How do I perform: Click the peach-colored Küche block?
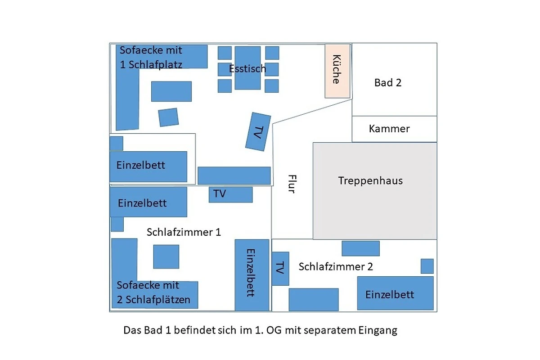point(337,71)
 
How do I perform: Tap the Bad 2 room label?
point(387,83)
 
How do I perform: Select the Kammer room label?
point(389,129)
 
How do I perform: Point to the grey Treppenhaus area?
point(375,191)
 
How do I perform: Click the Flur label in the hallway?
point(292,184)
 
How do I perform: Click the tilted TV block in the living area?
point(258,132)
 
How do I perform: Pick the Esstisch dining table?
point(247,68)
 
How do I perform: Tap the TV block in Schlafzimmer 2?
point(280,269)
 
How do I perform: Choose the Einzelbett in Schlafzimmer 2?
point(396,293)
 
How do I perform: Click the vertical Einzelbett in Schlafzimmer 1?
point(252,275)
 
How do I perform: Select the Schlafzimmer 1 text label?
point(184,232)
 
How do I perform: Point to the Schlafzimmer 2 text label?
point(336,267)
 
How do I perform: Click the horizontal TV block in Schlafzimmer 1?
point(231,194)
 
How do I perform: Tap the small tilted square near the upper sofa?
point(168,117)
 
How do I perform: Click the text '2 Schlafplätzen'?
point(153,300)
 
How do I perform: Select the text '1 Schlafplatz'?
point(151,65)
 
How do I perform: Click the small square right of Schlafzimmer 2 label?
point(427,266)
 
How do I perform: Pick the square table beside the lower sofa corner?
point(166,256)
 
